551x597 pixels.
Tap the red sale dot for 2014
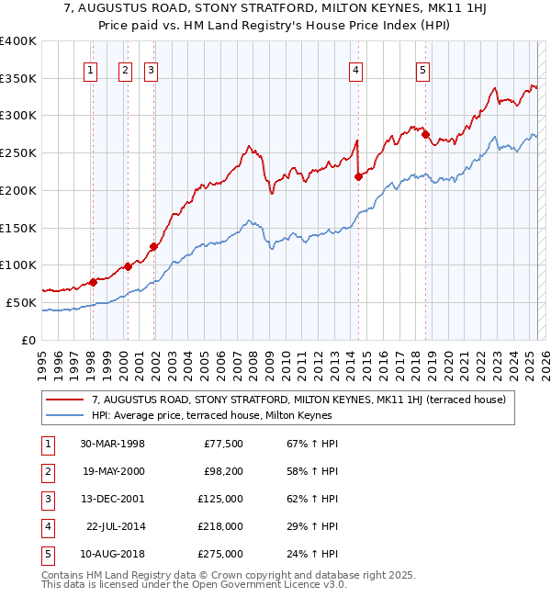coord(358,177)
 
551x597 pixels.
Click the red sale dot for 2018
coord(425,135)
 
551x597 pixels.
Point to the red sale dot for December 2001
coord(153,246)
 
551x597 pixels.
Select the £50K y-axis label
coord(22,302)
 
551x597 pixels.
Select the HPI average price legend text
coord(211,415)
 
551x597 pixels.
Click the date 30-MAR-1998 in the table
coord(112,444)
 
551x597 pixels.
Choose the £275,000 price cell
coord(221,554)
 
